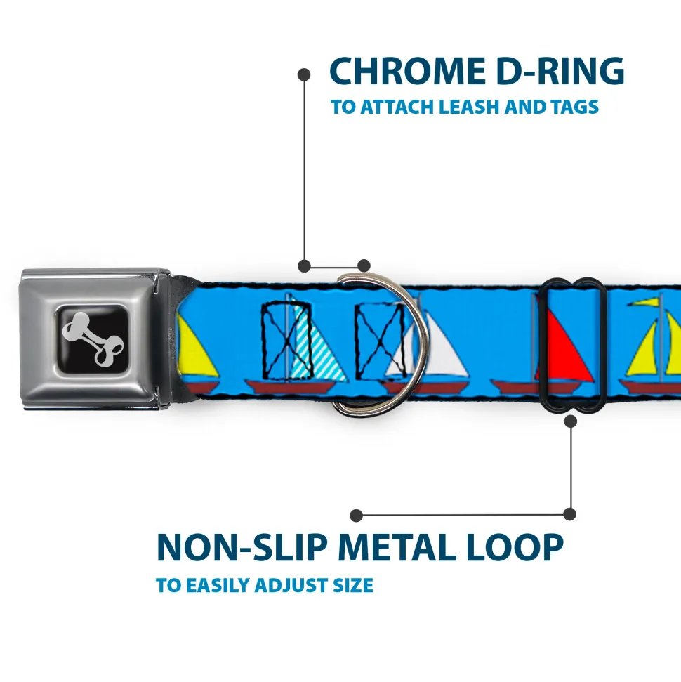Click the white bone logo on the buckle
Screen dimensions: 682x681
(x=93, y=336)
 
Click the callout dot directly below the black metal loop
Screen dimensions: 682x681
(x=570, y=421)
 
